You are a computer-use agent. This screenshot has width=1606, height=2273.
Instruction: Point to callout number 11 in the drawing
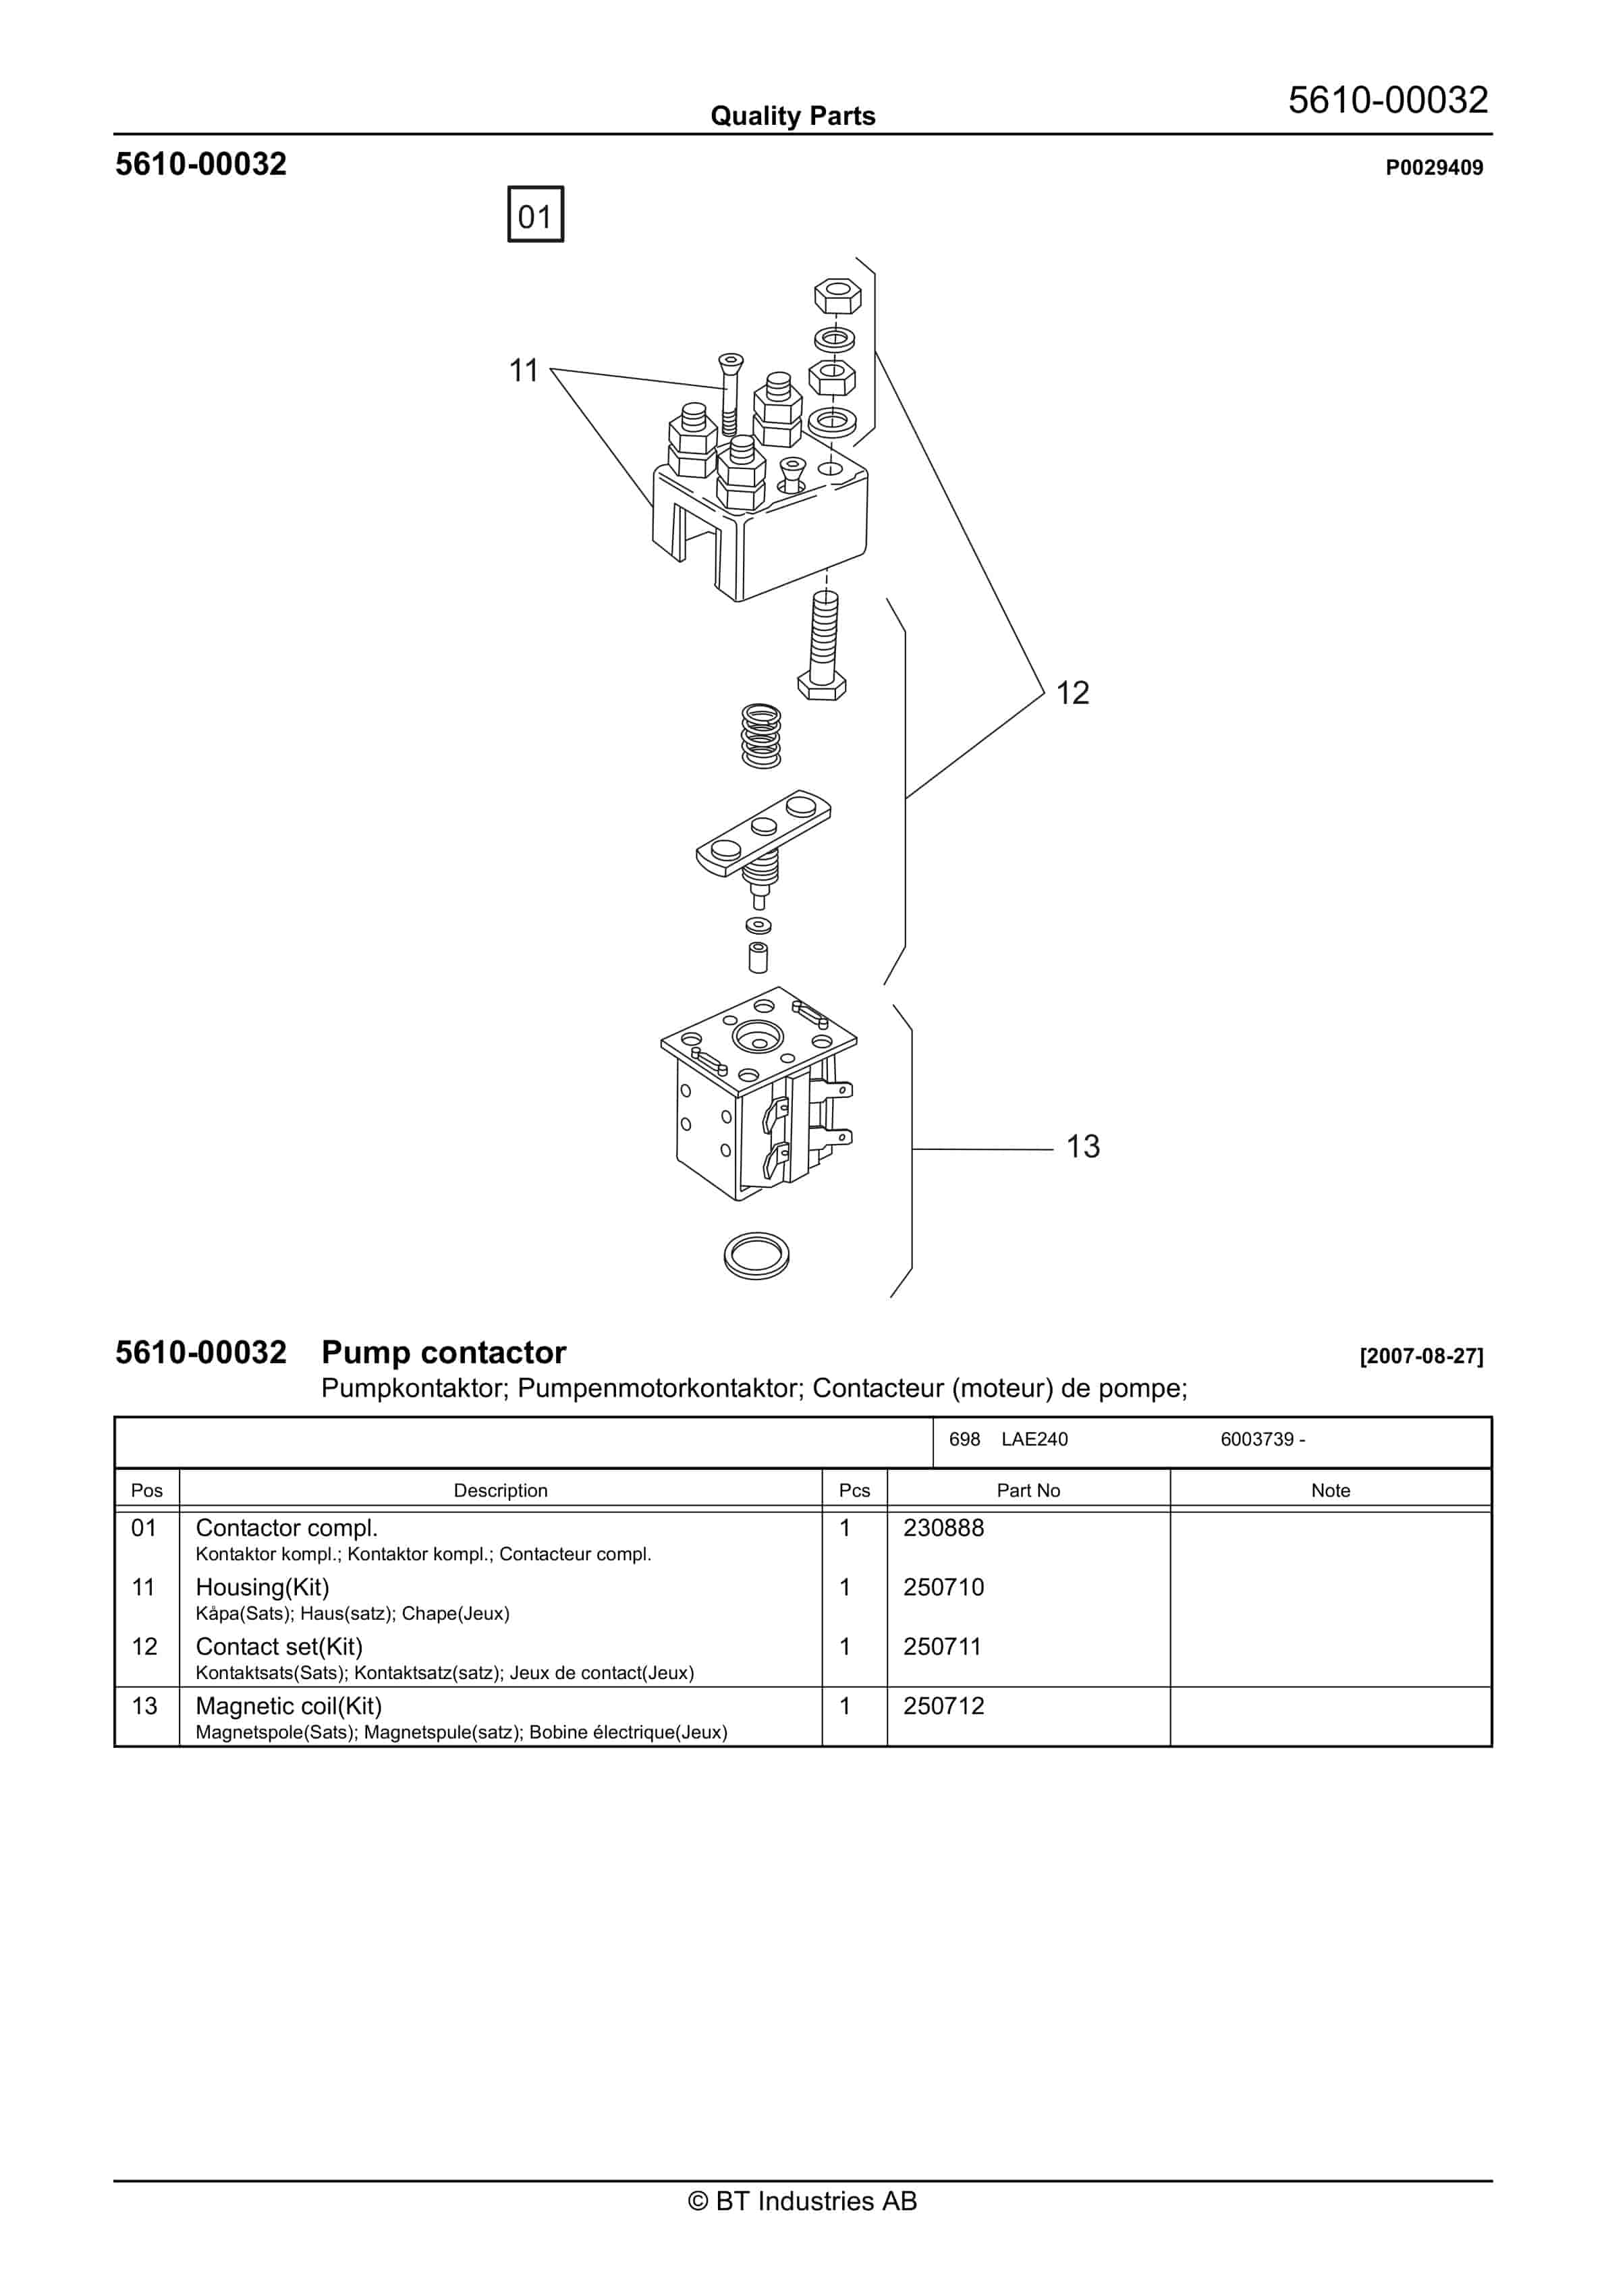tap(523, 371)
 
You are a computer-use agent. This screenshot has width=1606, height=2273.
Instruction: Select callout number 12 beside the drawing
tap(1072, 693)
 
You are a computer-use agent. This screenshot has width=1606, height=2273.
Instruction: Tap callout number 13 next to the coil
tap(1082, 1147)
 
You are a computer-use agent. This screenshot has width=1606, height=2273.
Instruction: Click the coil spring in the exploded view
tap(760, 736)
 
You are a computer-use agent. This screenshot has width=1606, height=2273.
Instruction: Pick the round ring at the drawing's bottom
tap(756, 1255)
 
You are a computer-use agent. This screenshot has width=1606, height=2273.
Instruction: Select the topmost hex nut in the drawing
tap(837, 295)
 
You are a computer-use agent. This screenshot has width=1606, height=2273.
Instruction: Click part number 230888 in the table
tap(943, 1527)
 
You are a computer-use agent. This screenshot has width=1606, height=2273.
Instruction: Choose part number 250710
tap(943, 1587)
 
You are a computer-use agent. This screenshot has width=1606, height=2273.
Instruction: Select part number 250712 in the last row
tap(943, 1705)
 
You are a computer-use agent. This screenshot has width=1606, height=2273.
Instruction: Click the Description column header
tap(500, 1490)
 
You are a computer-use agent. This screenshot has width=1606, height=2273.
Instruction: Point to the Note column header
tap(1330, 1490)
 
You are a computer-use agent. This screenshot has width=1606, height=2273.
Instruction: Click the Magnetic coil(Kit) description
tap(288, 1705)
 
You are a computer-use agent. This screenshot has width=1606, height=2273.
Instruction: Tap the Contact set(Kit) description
tap(279, 1646)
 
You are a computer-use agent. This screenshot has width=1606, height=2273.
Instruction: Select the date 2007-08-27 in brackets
tap(1421, 1357)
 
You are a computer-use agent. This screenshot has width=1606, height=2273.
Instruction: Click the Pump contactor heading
tap(443, 1352)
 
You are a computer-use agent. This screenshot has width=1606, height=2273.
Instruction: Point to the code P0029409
tap(1434, 167)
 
